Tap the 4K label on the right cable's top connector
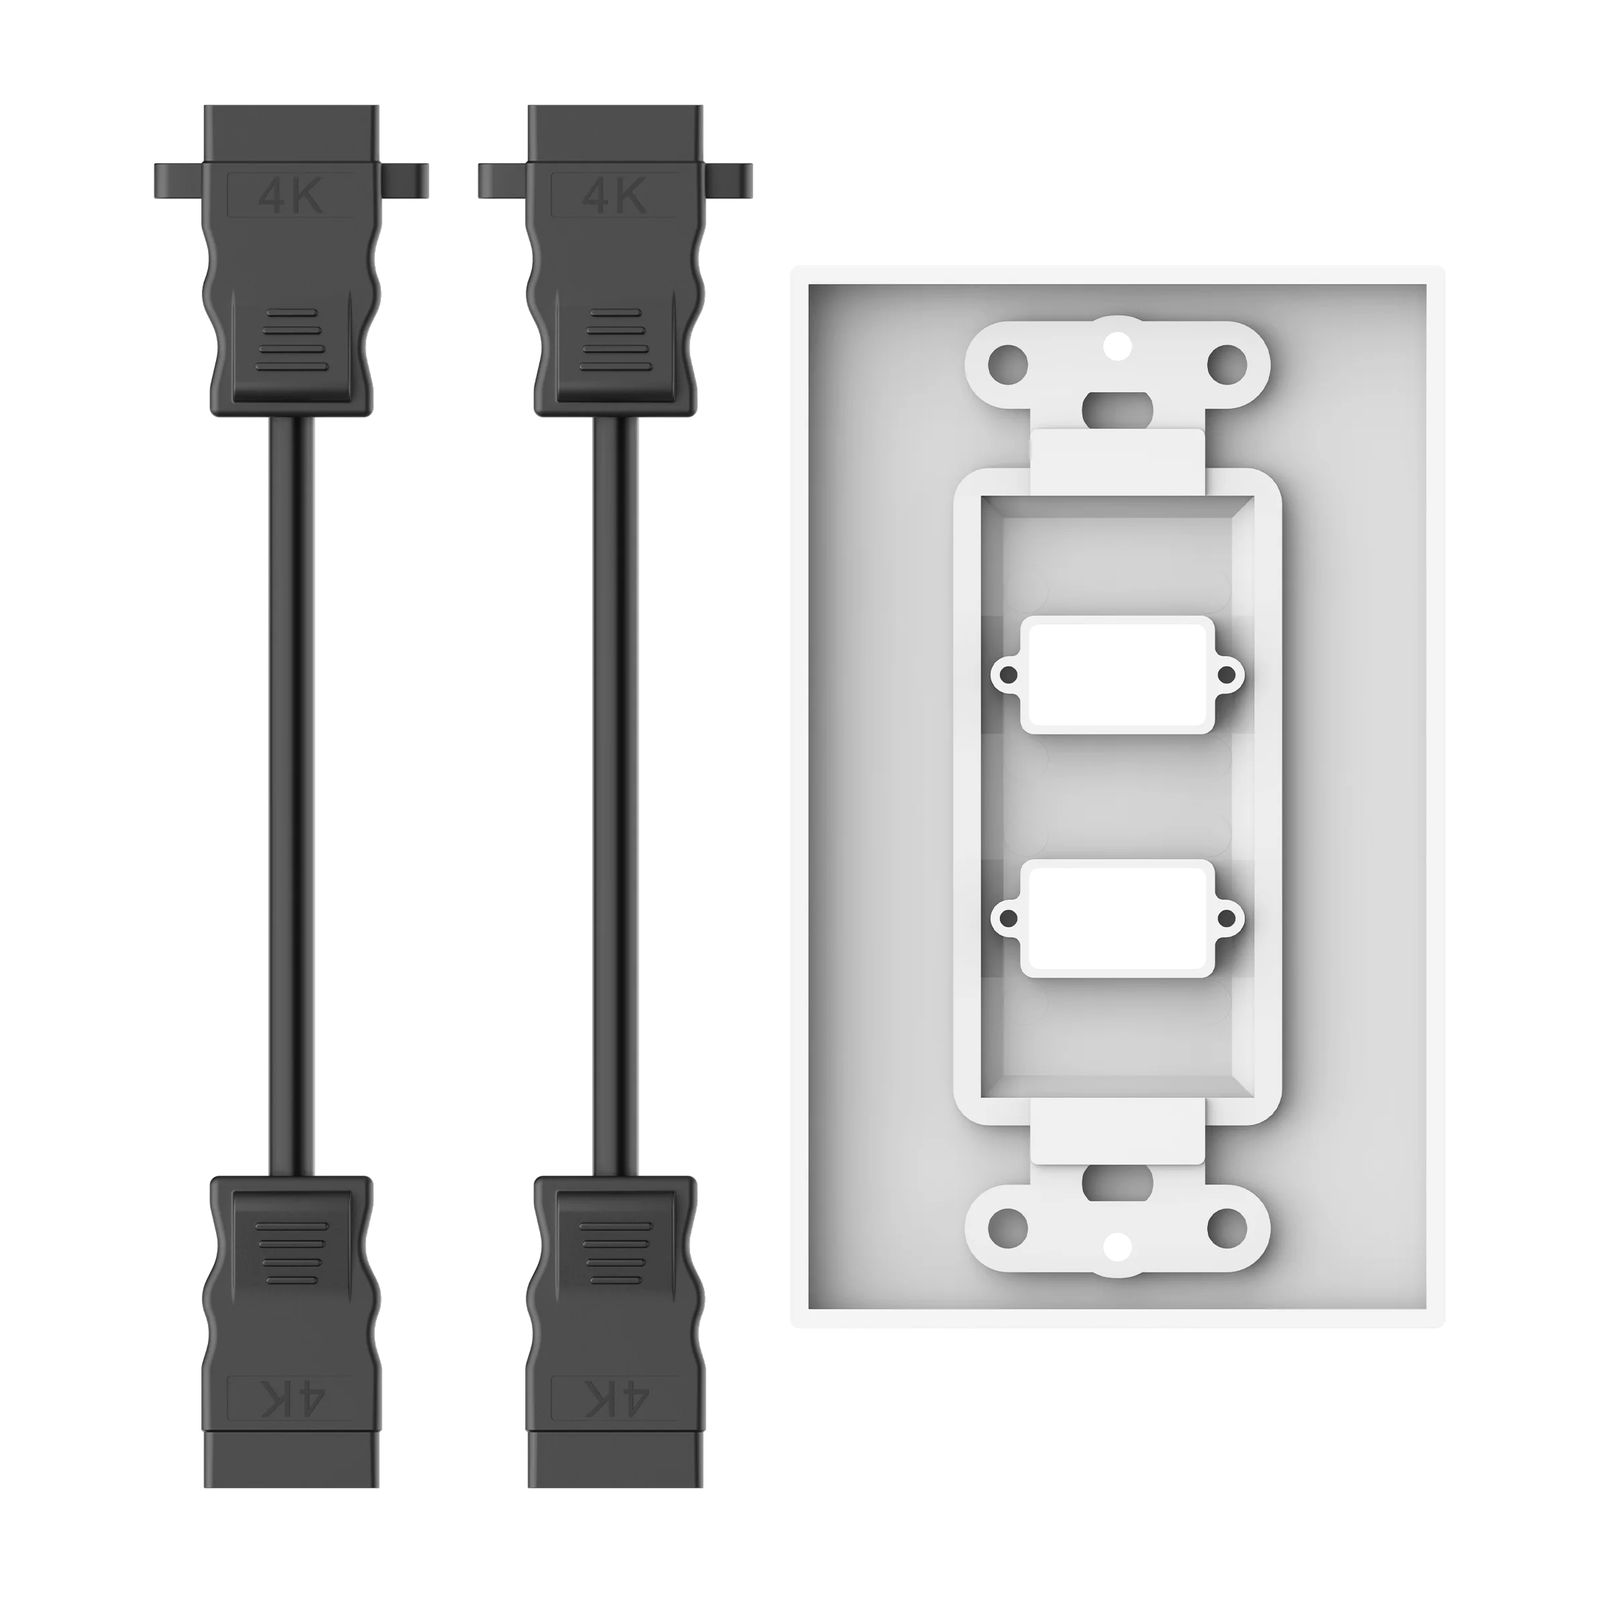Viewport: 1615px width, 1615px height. pyautogui.click(x=614, y=197)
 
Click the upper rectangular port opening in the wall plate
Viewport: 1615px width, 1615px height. pyautogui.click(x=1117, y=675)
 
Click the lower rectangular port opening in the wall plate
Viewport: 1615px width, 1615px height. pyautogui.click(x=1117, y=918)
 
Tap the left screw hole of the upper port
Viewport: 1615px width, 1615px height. pyautogui.click(x=1009, y=675)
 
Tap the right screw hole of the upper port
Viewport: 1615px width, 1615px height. pyautogui.click(x=1226, y=675)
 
